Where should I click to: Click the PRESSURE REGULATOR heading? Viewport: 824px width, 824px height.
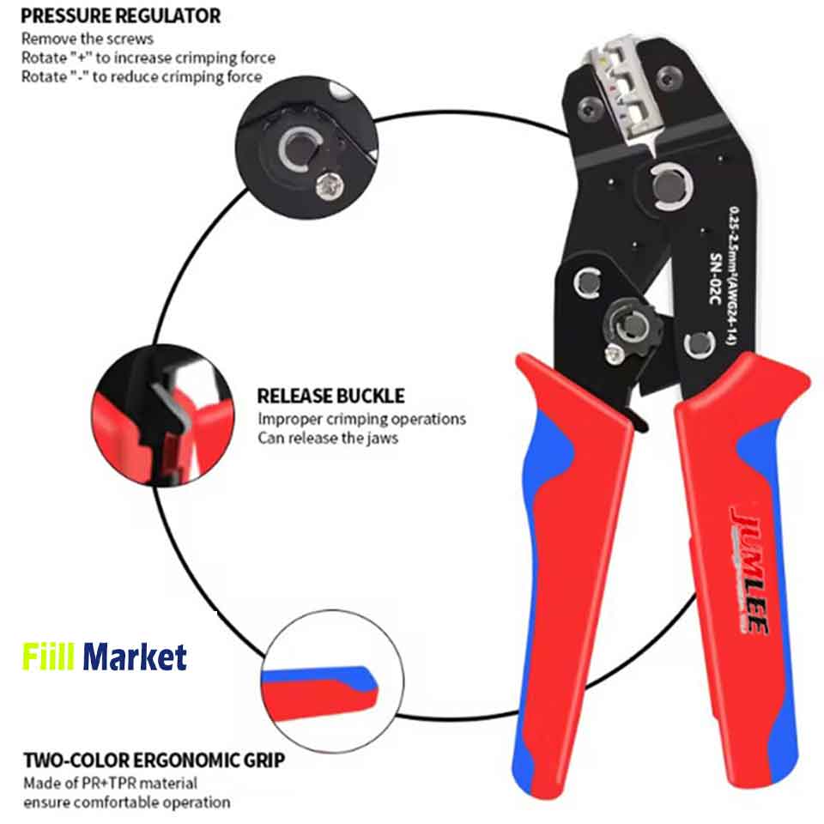click(x=120, y=15)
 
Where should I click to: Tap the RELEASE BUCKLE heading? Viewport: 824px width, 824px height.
click(x=330, y=396)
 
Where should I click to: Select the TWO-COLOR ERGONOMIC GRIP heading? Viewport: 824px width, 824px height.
click(x=154, y=760)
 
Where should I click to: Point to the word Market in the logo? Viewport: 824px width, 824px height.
click(x=135, y=657)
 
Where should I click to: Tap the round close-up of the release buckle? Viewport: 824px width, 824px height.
click(x=163, y=415)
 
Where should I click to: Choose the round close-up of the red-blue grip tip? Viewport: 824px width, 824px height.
click(x=332, y=682)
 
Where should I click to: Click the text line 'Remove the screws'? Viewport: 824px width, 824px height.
click(x=88, y=39)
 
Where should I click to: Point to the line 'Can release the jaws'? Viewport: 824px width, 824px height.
click(x=327, y=438)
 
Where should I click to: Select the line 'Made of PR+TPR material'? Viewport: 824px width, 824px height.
click(x=111, y=783)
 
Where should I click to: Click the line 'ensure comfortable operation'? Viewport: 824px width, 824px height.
click(x=127, y=803)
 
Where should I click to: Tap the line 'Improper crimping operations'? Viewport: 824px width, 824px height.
click(x=361, y=419)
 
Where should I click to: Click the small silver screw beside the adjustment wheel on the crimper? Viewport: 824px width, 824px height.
click(x=615, y=355)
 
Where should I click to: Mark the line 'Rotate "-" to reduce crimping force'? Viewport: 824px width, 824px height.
click(x=142, y=76)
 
